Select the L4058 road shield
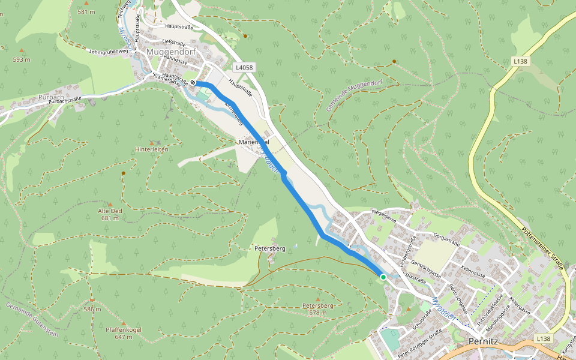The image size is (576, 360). tap(244, 68)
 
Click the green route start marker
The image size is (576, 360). tap(383, 277)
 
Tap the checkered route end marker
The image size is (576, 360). tap(193, 83)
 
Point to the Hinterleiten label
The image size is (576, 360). tap(152, 149)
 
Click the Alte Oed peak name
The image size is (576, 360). tap(110, 211)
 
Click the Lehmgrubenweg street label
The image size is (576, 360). tap(108, 52)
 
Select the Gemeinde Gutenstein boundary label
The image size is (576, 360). tap(32, 319)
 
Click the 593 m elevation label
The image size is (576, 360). tap(22, 59)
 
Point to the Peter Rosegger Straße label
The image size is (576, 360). tap(420, 340)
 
